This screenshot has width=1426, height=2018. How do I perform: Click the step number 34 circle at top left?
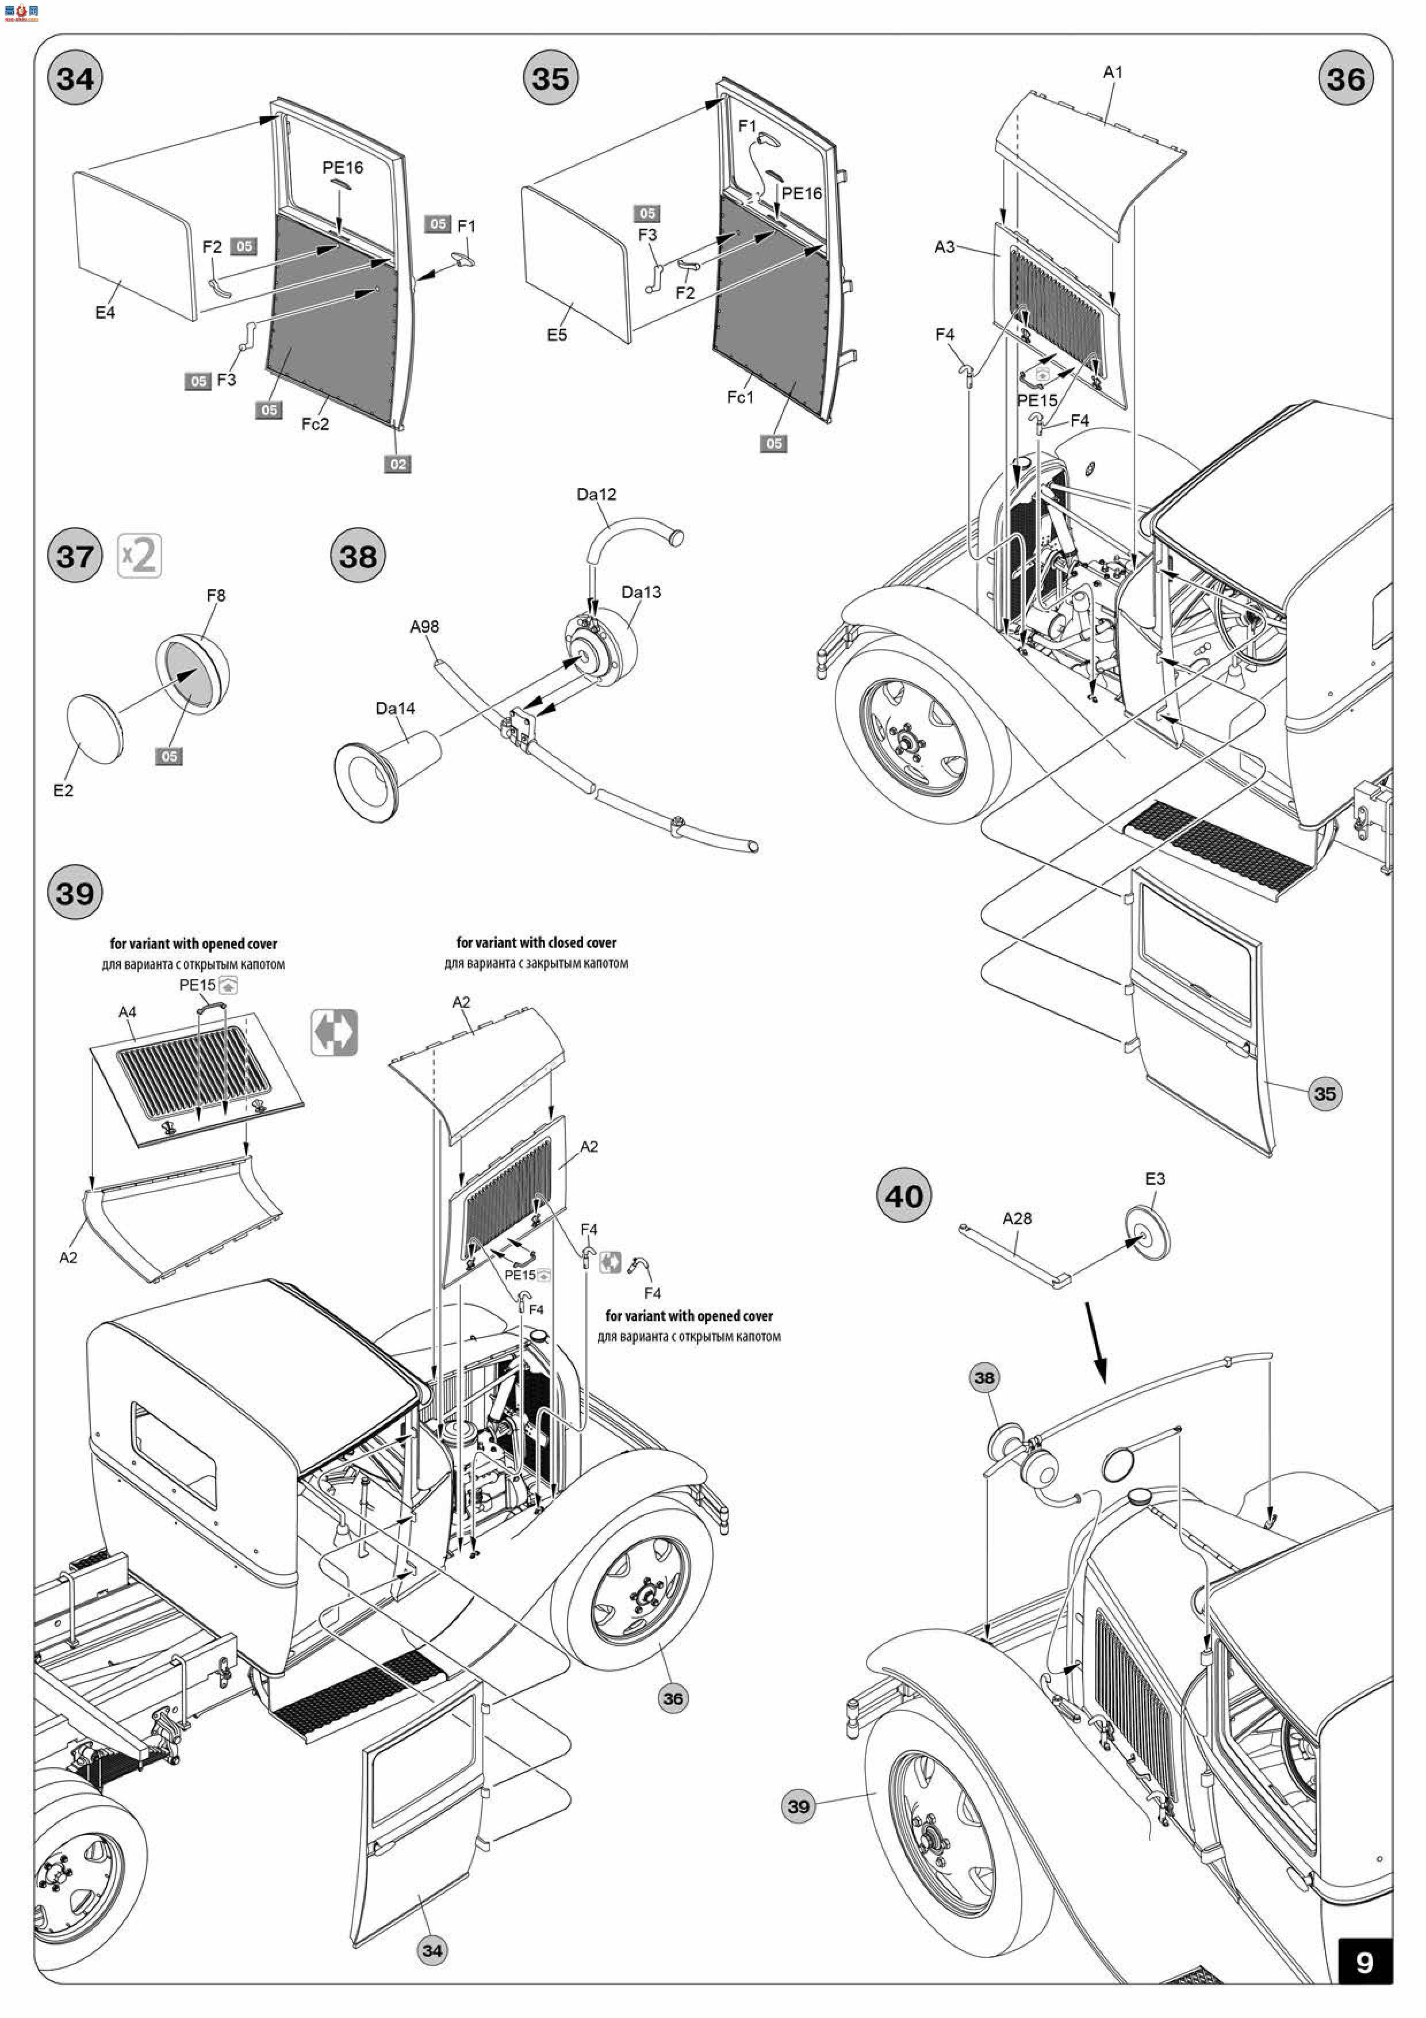(75, 78)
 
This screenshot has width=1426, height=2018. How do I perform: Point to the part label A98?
(424, 626)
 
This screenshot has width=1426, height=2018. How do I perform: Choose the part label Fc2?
(315, 425)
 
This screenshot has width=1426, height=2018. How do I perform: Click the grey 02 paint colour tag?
(398, 464)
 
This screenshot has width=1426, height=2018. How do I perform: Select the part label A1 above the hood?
(1112, 72)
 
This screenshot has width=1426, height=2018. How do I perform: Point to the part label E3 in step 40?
(1155, 1179)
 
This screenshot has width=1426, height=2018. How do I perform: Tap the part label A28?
(1017, 1218)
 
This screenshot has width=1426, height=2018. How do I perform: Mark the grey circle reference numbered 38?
(984, 1377)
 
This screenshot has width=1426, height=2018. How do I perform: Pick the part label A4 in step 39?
(128, 1012)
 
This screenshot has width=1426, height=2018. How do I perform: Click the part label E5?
(556, 335)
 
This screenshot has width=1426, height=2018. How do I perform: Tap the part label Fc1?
(740, 398)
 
